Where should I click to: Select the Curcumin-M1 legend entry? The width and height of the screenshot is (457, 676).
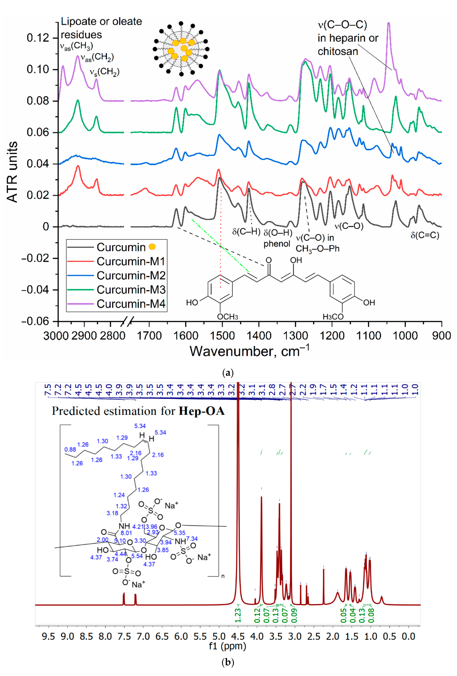point(131,261)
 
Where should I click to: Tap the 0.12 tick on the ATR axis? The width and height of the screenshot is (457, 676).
point(38,38)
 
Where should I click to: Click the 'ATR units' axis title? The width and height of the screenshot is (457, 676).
point(12,172)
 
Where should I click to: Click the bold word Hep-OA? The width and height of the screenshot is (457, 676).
point(201,411)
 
